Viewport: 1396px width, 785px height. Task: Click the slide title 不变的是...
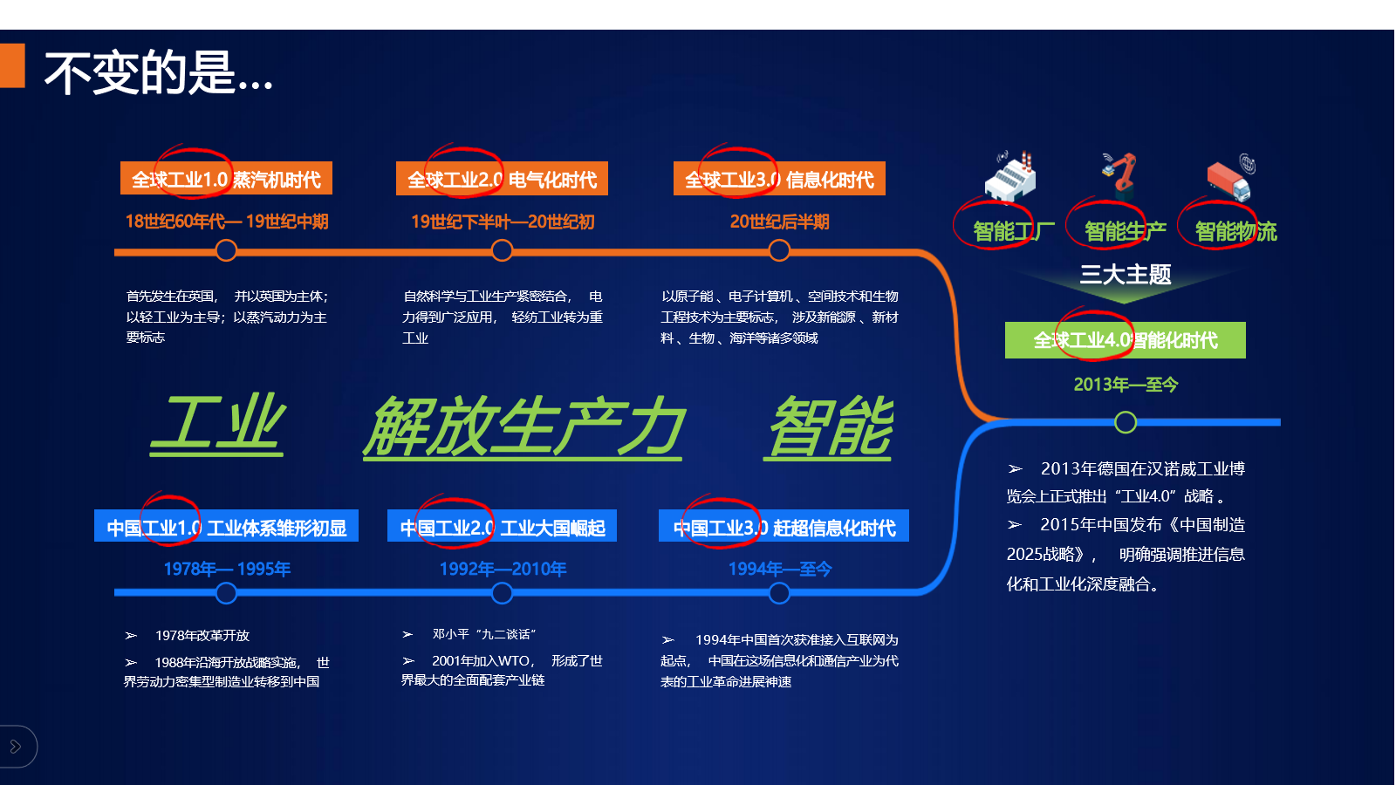pyautogui.click(x=158, y=73)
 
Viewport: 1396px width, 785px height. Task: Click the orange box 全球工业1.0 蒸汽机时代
pyautogui.click(x=226, y=179)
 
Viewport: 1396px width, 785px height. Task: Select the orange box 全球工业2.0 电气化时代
pyautogui.click(x=502, y=179)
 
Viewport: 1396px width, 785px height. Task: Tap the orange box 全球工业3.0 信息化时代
pyautogui.click(x=779, y=179)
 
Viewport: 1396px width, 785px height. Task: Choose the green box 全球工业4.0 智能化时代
pyautogui.click(x=1125, y=340)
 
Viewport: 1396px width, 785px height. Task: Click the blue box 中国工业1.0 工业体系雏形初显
pyautogui.click(x=226, y=526)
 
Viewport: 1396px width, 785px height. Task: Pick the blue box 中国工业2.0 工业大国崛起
pyautogui.click(x=502, y=526)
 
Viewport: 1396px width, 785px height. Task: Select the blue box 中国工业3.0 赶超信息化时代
pyautogui.click(x=784, y=526)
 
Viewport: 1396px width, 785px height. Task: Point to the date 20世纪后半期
pyautogui.click(x=779, y=222)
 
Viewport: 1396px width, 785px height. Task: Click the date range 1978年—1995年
pyautogui.click(x=227, y=569)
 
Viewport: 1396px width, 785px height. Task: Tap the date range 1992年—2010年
pyautogui.click(x=503, y=569)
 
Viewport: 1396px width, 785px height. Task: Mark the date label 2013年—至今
pyautogui.click(x=1126, y=385)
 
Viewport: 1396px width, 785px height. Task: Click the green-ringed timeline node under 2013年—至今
pyautogui.click(x=1125, y=422)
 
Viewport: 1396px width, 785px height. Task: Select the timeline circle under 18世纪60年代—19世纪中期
pyautogui.click(x=226, y=251)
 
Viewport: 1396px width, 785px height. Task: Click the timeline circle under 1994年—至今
pyautogui.click(x=779, y=593)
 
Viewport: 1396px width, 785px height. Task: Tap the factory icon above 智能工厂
pyautogui.click(x=1011, y=176)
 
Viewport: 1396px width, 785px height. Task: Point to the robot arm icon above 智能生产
pyautogui.click(x=1120, y=174)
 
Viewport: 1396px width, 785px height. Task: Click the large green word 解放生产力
pyautogui.click(x=523, y=427)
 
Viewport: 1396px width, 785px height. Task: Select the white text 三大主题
pyautogui.click(x=1125, y=274)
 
